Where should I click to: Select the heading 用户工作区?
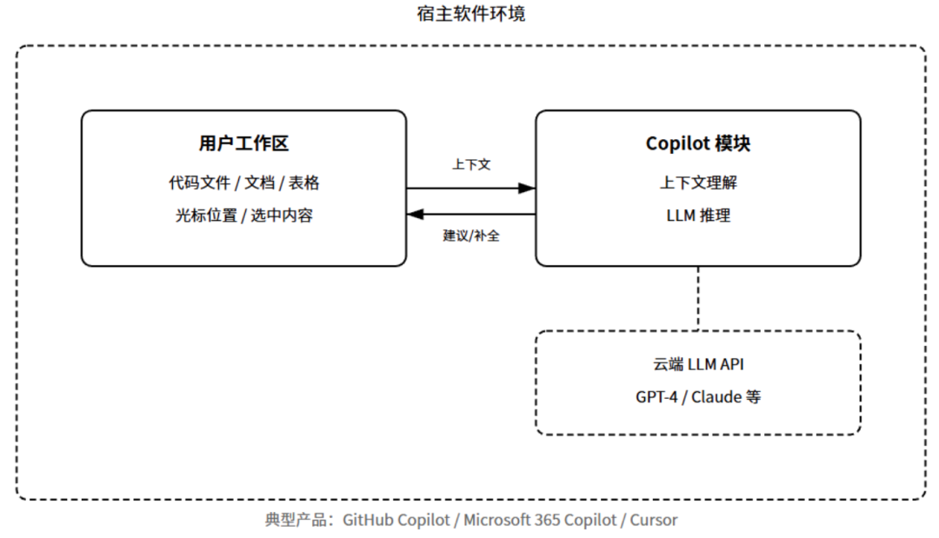(x=243, y=143)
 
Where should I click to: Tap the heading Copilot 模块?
(x=697, y=143)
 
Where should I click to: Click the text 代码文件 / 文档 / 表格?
(x=243, y=183)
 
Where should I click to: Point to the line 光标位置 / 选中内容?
(x=243, y=216)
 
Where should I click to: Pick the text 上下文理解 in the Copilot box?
(x=698, y=183)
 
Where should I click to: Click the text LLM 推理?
(x=698, y=216)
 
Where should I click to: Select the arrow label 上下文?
(x=471, y=164)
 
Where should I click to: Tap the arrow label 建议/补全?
(x=471, y=236)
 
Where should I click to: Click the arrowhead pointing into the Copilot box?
(x=527, y=188)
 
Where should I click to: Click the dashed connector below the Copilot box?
(x=698, y=298)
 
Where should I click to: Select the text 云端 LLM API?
(x=698, y=364)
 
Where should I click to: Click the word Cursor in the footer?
(x=653, y=521)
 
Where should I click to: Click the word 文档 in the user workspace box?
(x=259, y=183)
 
